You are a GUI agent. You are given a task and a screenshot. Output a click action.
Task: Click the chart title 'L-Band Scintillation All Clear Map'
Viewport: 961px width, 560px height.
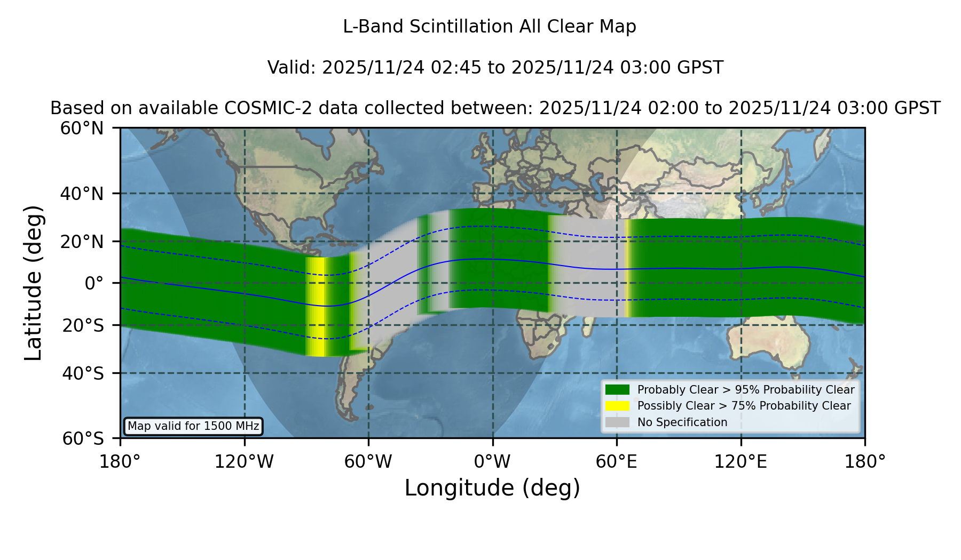point(489,27)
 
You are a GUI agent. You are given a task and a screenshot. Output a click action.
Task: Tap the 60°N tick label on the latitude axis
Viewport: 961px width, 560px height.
point(82,128)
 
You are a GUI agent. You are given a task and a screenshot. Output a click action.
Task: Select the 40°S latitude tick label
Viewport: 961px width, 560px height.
point(83,373)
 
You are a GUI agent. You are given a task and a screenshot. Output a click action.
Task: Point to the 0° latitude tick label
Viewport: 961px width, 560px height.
point(94,283)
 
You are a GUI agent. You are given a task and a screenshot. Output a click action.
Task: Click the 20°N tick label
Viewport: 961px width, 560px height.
point(82,242)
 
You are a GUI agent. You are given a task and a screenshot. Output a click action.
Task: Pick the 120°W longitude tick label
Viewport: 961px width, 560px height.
point(244,461)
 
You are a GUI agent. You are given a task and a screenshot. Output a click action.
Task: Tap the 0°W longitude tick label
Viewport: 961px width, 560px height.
point(492,461)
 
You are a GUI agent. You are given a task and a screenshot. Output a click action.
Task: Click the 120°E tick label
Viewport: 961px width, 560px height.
point(741,461)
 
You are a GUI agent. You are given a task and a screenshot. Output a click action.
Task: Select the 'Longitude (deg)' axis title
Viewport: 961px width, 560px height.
point(492,488)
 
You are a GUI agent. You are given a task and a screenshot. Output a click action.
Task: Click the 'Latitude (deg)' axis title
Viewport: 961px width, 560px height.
point(33,283)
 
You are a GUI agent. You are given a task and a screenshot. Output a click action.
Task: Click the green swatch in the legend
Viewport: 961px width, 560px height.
point(617,389)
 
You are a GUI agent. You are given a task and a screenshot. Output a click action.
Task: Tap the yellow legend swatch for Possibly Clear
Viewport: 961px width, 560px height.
point(617,406)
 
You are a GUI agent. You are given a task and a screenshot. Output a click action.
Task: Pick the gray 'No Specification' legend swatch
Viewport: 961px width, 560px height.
point(617,422)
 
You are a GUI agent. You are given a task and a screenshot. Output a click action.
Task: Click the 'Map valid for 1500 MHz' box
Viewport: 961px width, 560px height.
point(193,426)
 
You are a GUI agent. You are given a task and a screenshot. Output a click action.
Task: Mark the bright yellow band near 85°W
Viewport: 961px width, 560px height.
point(316,307)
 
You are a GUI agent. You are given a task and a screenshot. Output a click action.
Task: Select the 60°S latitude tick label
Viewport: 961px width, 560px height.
point(83,438)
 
